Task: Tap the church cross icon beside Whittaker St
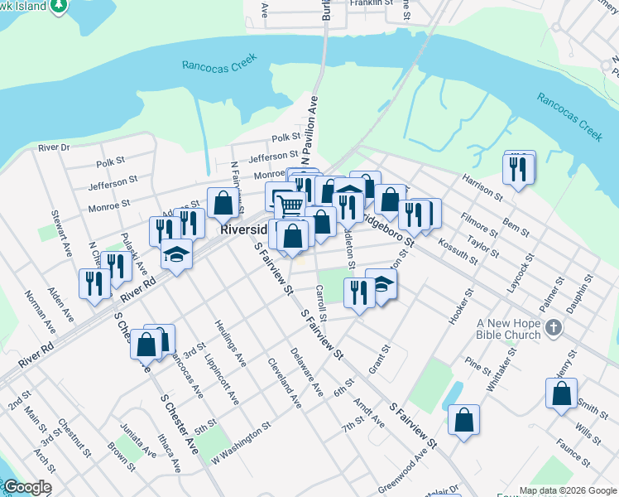coord(554,330)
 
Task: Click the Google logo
coord(27,488)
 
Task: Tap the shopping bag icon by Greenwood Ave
coord(464,420)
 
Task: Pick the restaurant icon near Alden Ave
coord(91,284)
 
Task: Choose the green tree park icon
coord(59,6)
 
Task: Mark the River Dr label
coord(55,147)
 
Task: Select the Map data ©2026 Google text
coord(567,490)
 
